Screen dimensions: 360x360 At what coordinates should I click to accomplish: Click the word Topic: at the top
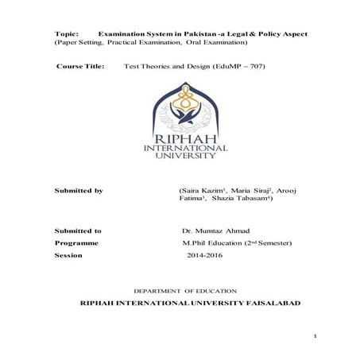pyautogui.click(x=66, y=36)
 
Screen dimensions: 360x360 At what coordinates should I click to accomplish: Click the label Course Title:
pyautogui.click(x=80, y=67)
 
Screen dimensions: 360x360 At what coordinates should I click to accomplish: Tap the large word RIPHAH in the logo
pyautogui.click(x=180, y=138)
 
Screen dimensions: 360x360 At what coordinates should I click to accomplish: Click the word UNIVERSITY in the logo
pyautogui.click(x=180, y=156)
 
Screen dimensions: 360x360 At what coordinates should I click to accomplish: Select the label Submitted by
pyautogui.click(x=78, y=192)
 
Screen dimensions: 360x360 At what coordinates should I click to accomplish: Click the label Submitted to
pyautogui.click(x=77, y=230)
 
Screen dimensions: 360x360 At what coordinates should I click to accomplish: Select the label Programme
pyautogui.click(x=76, y=242)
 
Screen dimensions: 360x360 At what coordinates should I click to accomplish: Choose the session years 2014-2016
pyautogui.click(x=207, y=255)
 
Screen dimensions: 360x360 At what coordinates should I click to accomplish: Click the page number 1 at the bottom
pyautogui.click(x=315, y=337)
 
